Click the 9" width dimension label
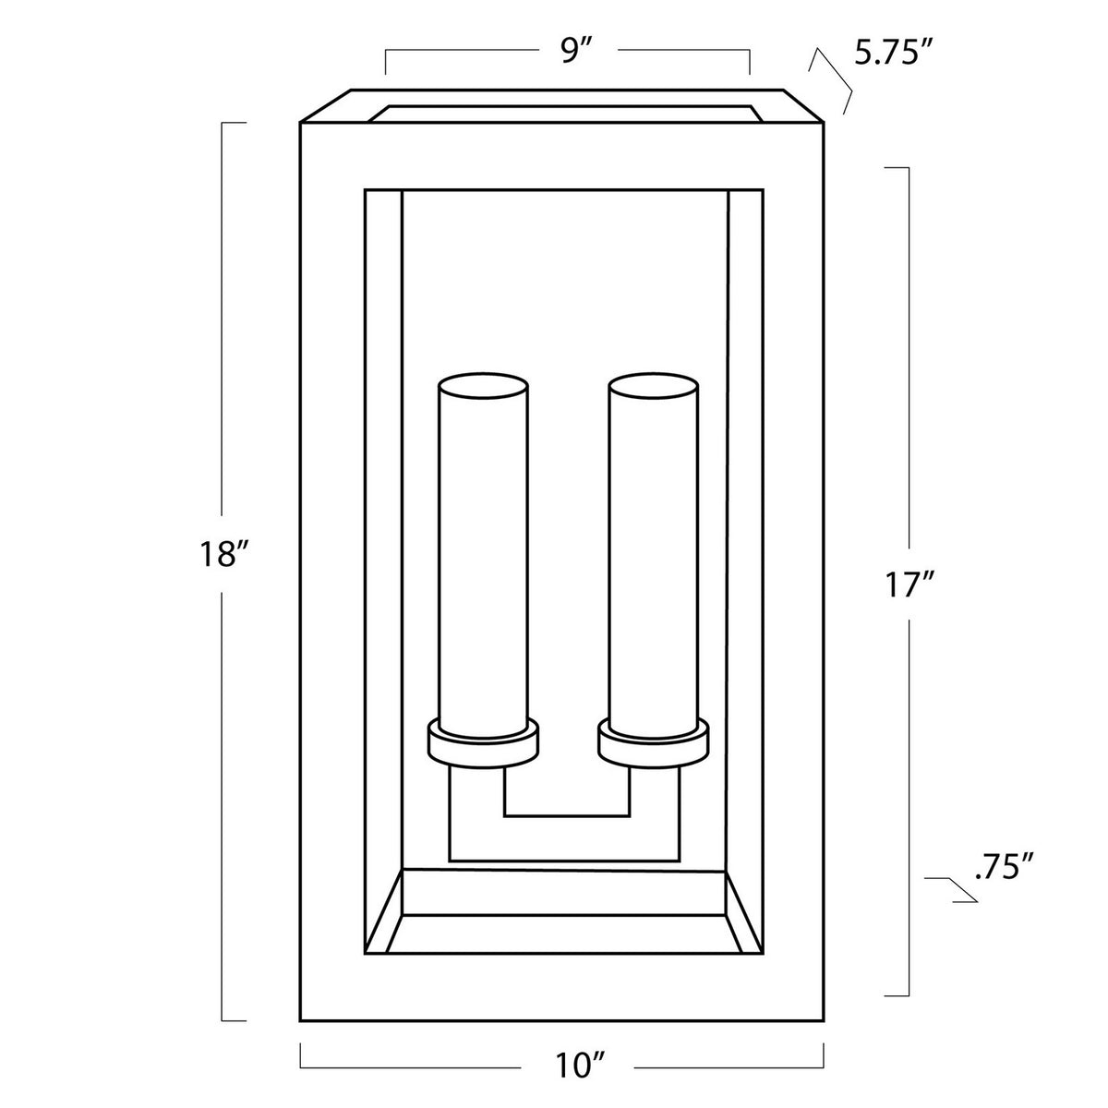(576, 52)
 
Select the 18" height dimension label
(223, 556)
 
